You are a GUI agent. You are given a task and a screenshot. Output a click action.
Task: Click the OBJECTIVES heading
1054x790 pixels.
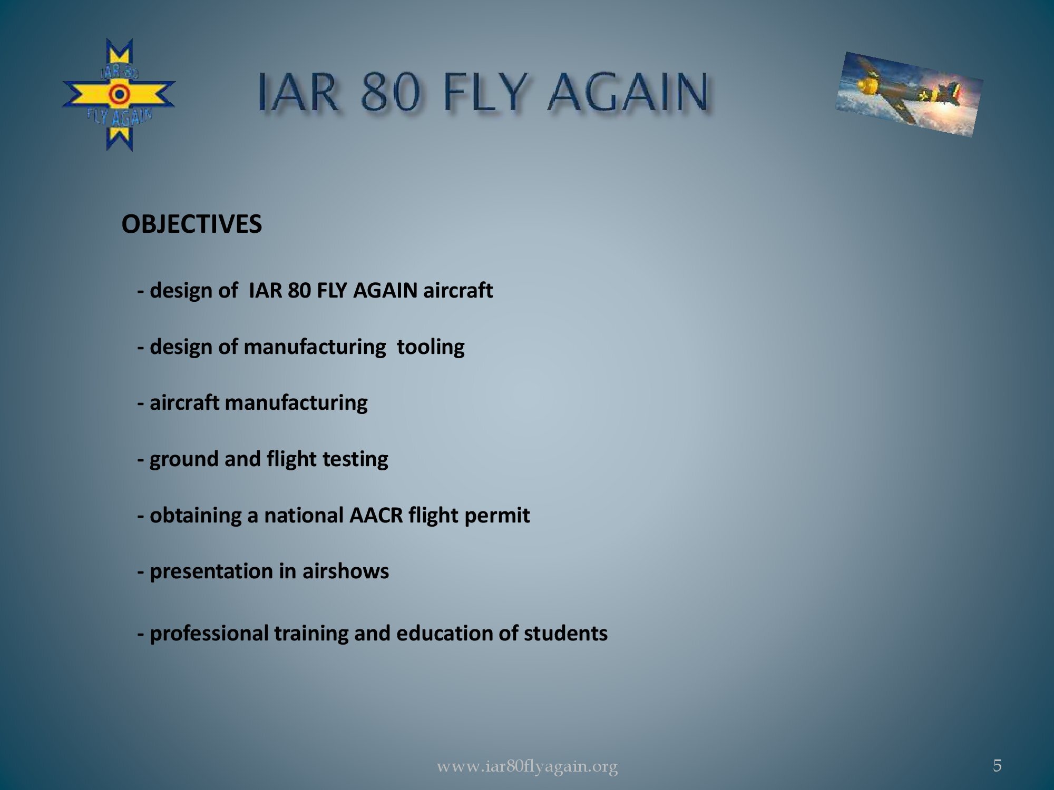coord(191,224)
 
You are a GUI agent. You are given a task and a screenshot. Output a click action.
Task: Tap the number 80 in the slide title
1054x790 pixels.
coord(391,92)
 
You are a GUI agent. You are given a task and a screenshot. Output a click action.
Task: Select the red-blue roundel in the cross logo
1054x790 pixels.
coord(120,95)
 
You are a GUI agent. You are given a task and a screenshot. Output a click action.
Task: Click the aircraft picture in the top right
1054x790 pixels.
coord(909,94)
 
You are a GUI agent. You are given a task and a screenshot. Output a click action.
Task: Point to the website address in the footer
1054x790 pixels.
coord(527,766)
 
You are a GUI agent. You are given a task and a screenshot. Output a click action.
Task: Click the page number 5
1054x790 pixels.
coord(997,765)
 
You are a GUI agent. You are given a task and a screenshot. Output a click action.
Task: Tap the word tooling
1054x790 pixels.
coord(431,347)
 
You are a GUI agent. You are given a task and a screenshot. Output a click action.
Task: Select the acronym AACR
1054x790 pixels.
coord(376,515)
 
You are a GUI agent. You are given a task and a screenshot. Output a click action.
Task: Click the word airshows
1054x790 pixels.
coord(345,571)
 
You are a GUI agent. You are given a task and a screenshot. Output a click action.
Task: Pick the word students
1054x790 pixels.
coord(565,633)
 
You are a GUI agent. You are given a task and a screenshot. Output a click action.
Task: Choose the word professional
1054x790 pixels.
coord(209,634)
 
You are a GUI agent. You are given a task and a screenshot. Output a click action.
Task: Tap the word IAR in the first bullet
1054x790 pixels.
coord(265,291)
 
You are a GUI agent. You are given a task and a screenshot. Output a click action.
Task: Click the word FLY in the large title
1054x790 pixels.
coord(484,92)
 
